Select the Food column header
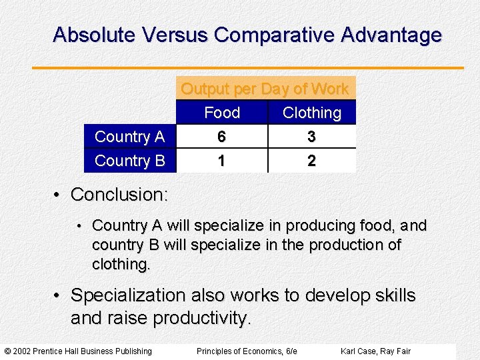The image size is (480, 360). tap(222, 113)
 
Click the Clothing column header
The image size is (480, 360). tap(311, 113)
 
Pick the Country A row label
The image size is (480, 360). tap(129, 137)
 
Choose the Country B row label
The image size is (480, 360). tap(129, 161)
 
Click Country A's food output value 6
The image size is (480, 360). tap(221, 137)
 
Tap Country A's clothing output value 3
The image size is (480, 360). tap(311, 137)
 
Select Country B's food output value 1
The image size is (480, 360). tap(221, 161)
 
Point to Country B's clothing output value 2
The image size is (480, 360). tap(311, 161)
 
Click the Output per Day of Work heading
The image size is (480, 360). tap(265, 89)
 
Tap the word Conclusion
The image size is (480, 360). tap(119, 195)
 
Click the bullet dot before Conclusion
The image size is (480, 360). tap(59, 195)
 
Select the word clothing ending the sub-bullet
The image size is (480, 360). tap(121, 264)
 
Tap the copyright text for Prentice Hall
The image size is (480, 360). tap(78, 351)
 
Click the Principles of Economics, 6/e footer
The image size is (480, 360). tap(247, 351)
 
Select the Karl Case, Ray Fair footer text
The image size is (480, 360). tap(375, 351)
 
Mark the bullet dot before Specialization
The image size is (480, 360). tap(59, 295)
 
